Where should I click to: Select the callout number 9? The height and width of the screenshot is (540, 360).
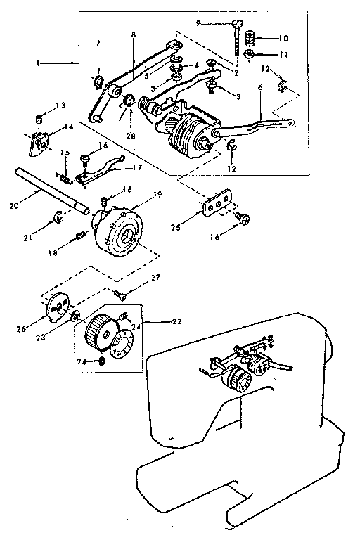pyautogui.click(x=199, y=23)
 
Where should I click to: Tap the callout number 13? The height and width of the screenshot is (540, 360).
pyautogui.click(x=63, y=105)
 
